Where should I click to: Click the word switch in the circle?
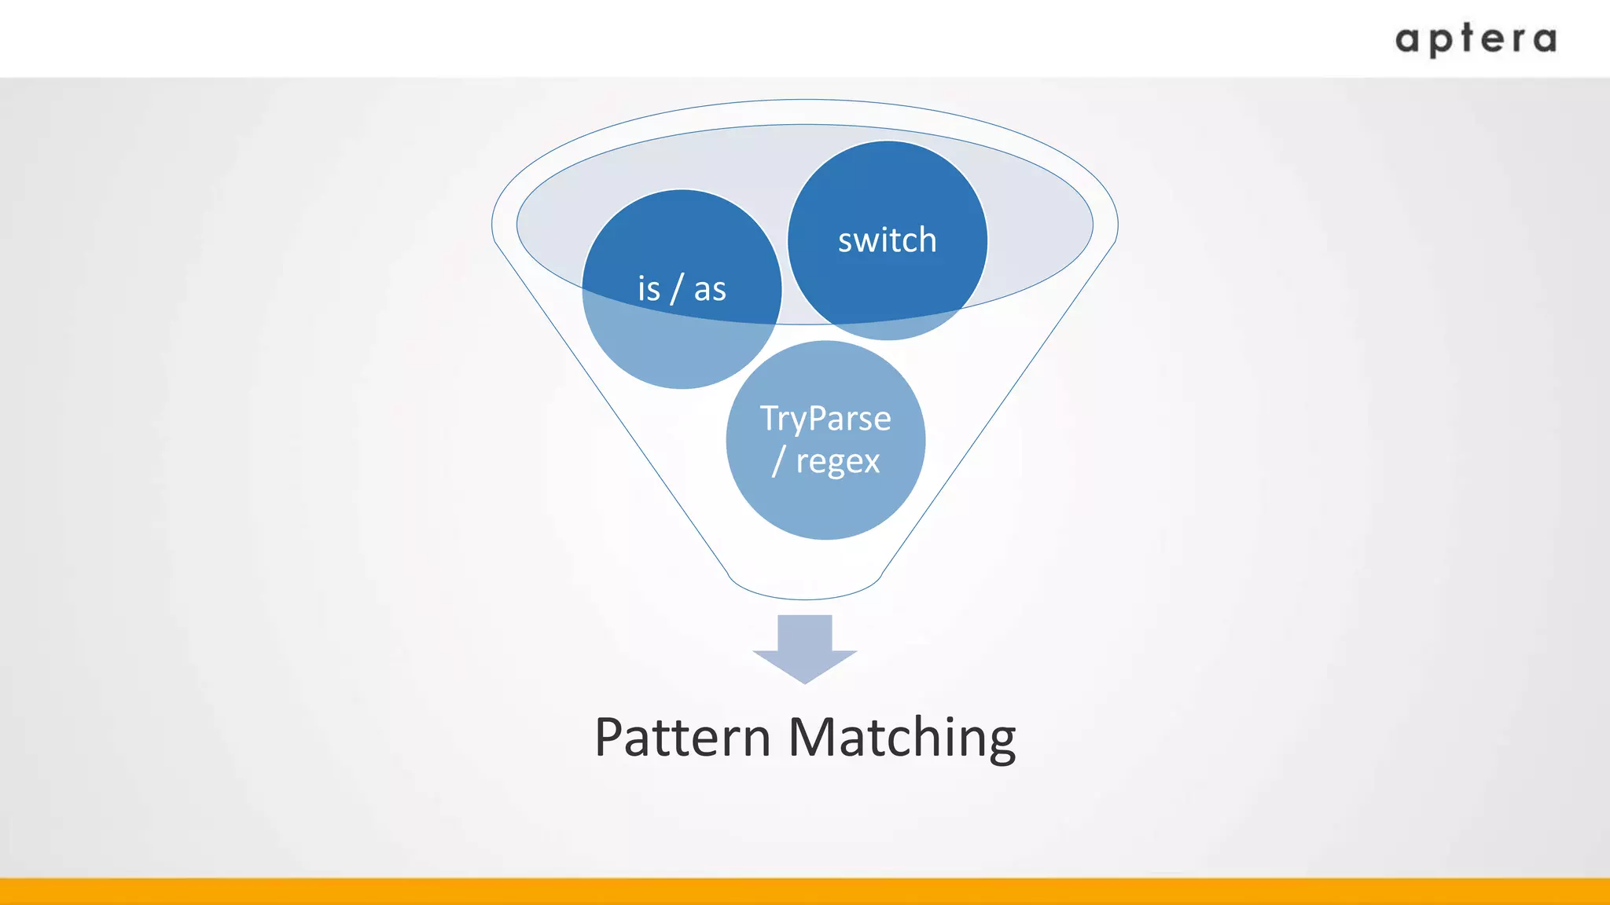pos(887,240)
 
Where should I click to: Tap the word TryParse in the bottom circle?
pos(825,419)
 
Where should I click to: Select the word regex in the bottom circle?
pos(838,461)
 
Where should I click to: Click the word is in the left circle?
pos(649,289)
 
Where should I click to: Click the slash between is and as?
pos(677,289)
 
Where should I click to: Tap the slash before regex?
pos(778,461)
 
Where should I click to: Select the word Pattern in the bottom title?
pos(682,738)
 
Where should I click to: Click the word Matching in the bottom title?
pos(902,738)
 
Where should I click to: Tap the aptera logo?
pos(1476,39)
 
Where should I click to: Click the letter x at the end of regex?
pos(871,462)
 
